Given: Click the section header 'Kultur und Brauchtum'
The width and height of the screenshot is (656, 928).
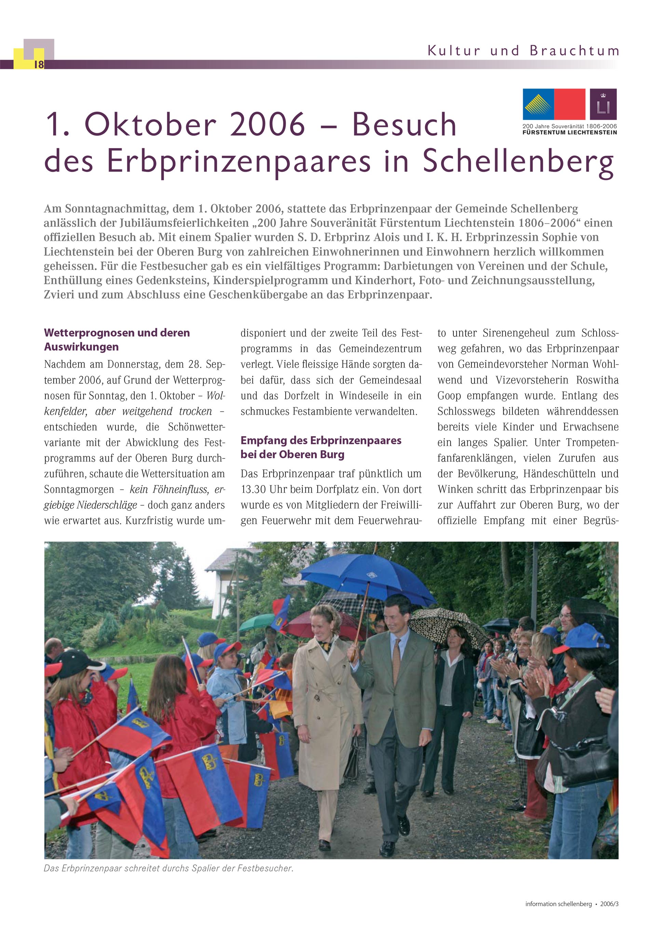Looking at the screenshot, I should coord(523,51).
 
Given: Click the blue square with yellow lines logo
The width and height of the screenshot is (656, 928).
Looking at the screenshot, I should coord(538,104).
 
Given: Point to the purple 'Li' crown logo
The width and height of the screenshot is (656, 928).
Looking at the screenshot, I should coord(603,104).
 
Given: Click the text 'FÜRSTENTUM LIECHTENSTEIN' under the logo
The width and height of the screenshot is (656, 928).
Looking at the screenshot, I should coord(570,132).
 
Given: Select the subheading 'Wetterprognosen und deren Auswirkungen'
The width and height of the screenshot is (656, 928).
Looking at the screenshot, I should coord(117,340).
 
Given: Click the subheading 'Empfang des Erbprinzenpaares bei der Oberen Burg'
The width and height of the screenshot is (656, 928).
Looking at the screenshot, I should coord(321,447).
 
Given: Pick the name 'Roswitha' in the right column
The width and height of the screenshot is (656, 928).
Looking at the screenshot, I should coord(597,380).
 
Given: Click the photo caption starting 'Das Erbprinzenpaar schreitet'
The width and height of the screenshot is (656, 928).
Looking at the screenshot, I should coord(168,869).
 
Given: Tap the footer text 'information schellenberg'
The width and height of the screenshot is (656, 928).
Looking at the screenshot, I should coord(558,904).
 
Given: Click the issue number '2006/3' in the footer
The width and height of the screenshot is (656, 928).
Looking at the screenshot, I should coord(609,904).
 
